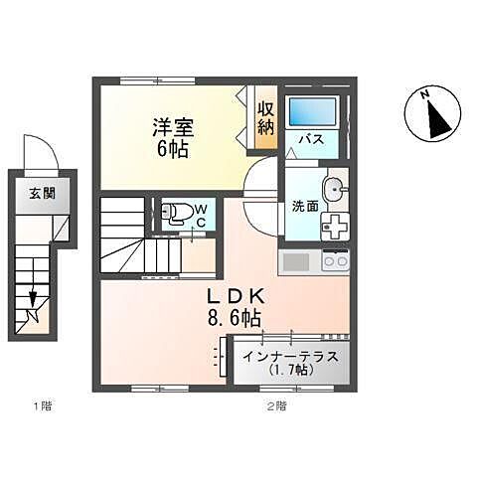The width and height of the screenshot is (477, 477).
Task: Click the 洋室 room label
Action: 172,128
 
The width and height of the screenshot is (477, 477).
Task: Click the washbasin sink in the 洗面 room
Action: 335,187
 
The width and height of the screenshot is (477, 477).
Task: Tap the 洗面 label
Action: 304,208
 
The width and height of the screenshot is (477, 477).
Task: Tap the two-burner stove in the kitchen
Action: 335,262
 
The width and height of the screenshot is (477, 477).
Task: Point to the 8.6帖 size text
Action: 234,319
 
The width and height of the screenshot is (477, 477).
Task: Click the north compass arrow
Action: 433,115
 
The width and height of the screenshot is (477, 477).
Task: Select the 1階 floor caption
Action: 41,405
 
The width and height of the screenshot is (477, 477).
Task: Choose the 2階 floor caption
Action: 275,405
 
